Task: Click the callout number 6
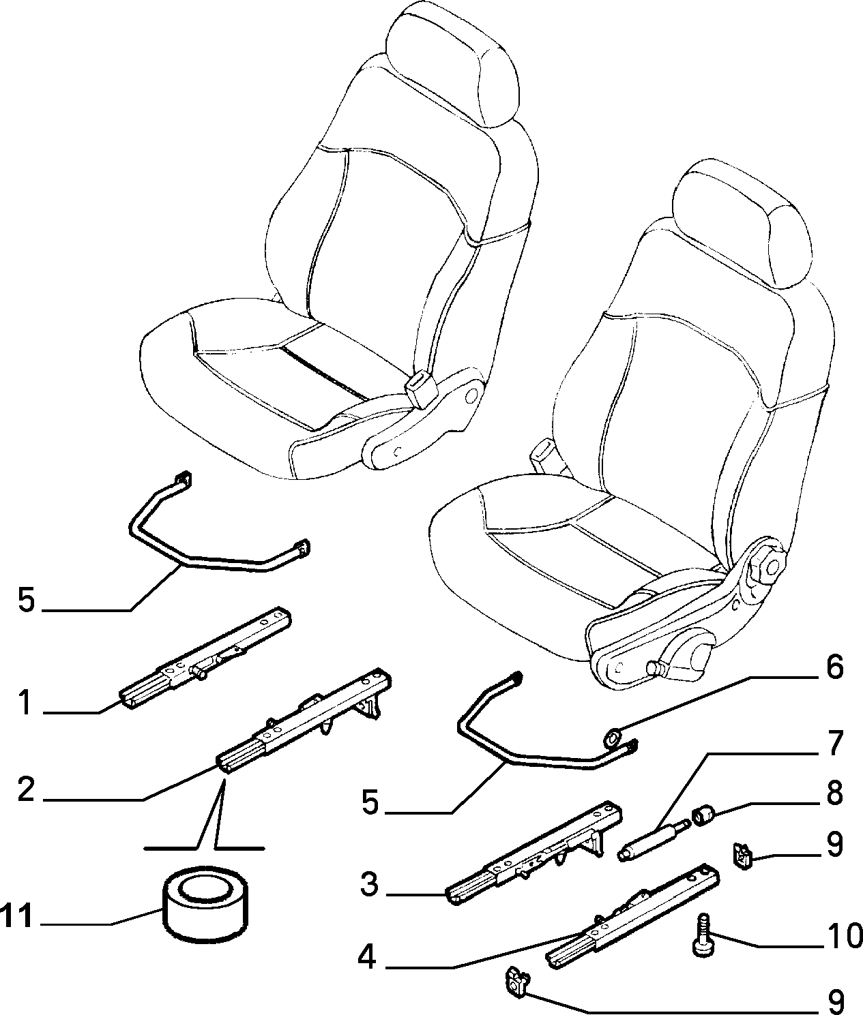point(834,667)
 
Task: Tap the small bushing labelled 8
point(703,815)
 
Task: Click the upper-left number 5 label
point(27,600)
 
